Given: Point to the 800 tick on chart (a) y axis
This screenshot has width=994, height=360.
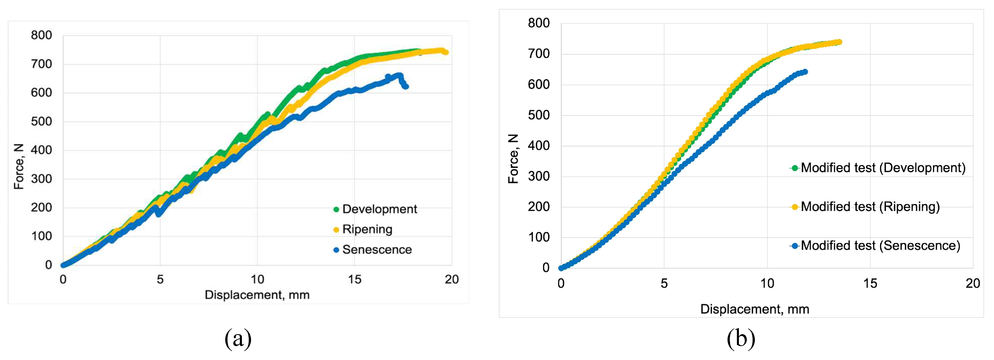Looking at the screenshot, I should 41,35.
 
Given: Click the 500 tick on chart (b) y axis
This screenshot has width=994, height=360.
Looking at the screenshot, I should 539,115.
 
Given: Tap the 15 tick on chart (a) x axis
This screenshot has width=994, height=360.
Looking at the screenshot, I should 354,279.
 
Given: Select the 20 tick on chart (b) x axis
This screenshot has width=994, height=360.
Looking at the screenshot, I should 972,284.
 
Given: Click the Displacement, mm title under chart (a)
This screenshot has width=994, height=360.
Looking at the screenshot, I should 257,295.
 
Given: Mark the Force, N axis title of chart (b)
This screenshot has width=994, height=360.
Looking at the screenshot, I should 513,159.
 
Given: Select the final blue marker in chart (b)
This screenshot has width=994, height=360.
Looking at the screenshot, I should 804,72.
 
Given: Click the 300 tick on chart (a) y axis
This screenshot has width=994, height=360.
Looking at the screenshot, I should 41,179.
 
